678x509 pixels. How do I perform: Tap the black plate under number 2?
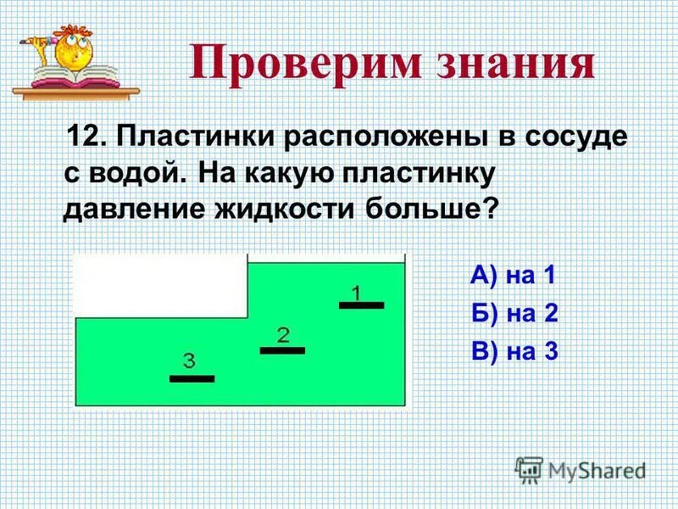point(282,350)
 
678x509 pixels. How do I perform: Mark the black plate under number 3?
point(192,378)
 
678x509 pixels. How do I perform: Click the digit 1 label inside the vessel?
point(357,293)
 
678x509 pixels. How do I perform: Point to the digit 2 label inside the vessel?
point(283,334)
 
